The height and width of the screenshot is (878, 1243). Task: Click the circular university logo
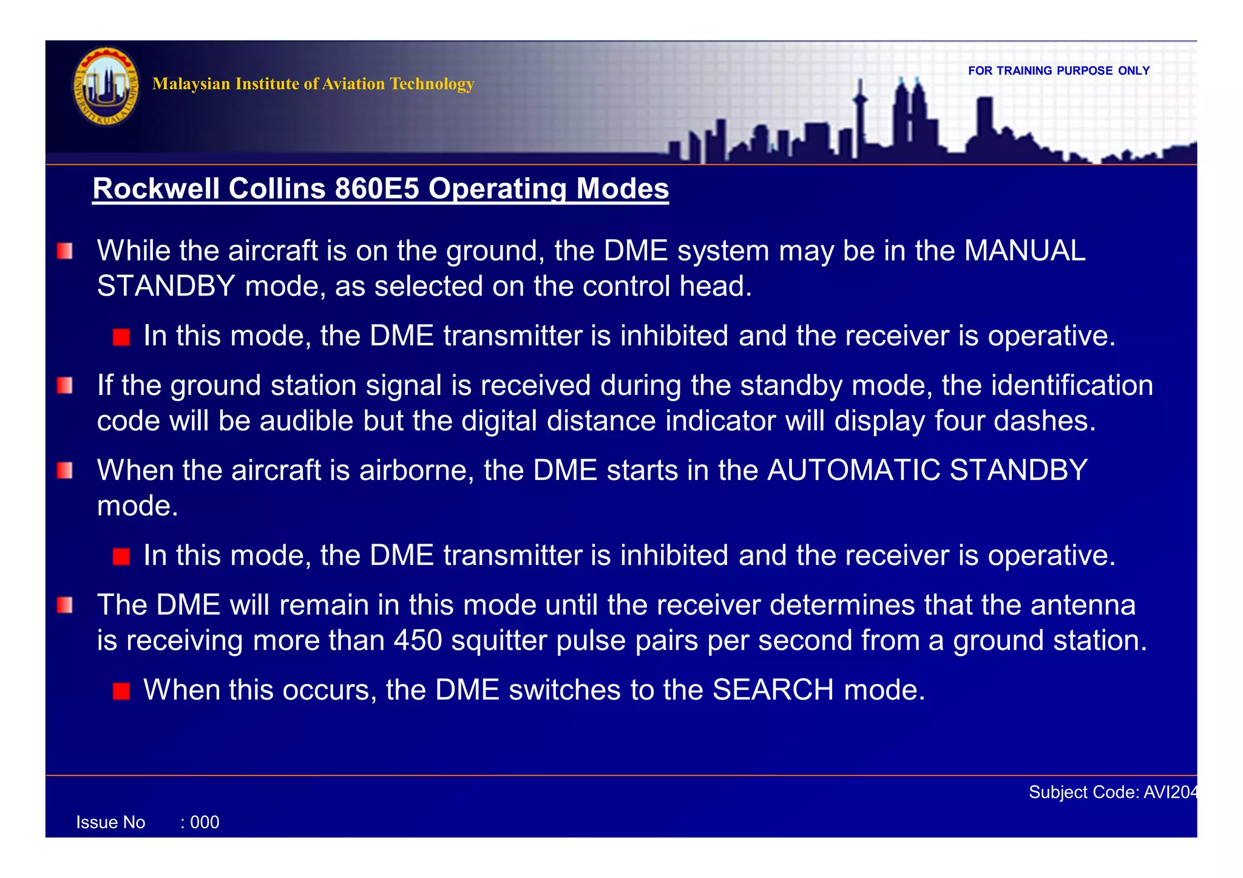[x=106, y=87]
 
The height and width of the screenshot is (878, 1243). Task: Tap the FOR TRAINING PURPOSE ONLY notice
[x=1058, y=71]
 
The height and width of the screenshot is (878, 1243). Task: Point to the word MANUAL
[x=1025, y=251]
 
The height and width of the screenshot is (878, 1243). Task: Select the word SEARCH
[x=773, y=690]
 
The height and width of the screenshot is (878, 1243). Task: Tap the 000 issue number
[x=205, y=823]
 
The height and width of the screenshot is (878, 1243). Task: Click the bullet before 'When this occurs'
[x=121, y=691]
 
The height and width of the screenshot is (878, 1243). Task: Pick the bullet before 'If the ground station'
[x=65, y=386]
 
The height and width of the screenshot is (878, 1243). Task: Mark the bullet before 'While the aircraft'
[x=65, y=251]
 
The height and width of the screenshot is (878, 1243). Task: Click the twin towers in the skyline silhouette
[x=909, y=115]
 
